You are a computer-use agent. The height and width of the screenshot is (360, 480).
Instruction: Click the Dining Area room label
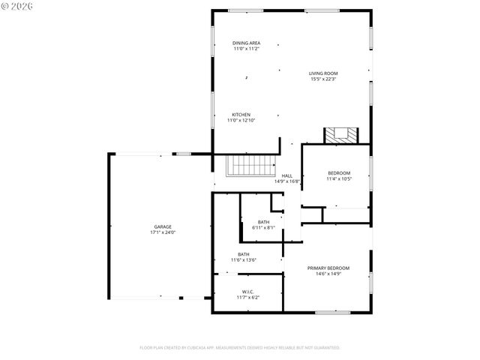click(246, 43)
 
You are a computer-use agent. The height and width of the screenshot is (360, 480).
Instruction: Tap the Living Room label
click(323, 73)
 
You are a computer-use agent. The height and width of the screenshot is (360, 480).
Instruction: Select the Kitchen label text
click(241, 115)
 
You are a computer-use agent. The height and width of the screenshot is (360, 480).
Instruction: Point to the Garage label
click(163, 226)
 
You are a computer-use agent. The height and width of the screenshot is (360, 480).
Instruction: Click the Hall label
click(286, 175)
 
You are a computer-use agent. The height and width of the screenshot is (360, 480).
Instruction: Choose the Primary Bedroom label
click(328, 268)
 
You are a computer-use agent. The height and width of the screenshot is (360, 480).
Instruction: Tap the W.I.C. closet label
click(247, 292)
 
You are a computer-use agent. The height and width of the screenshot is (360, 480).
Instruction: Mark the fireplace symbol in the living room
click(341, 135)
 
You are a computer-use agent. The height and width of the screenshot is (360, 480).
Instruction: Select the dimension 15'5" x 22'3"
click(323, 79)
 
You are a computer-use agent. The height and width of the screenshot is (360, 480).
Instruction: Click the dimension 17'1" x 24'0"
click(163, 232)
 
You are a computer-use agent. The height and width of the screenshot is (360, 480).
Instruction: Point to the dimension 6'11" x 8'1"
click(263, 228)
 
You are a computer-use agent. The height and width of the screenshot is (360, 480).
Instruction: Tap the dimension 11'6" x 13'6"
click(244, 260)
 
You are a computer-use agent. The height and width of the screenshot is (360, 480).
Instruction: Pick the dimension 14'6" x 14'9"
click(328, 274)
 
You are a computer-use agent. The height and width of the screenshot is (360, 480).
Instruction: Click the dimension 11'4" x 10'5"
click(339, 178)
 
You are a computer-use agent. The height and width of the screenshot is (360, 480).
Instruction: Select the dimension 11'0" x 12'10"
click(241, 120)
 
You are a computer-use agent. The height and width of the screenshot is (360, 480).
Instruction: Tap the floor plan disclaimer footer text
click(240, 348)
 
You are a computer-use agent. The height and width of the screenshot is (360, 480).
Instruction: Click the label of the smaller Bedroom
click(339, 173)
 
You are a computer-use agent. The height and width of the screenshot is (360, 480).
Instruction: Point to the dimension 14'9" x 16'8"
click(286, 181)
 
